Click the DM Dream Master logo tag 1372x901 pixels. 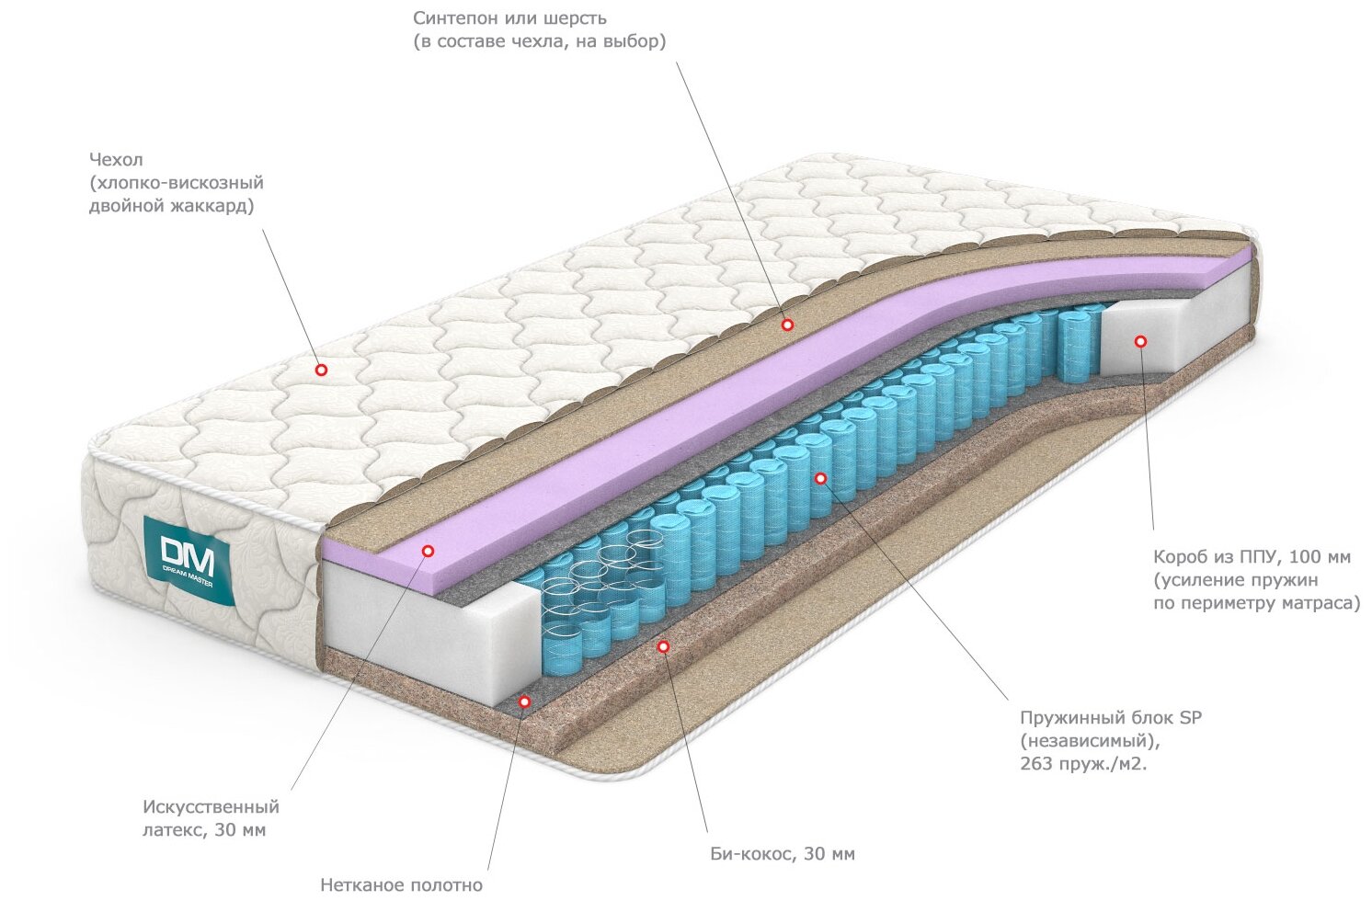click(x=189, y=560)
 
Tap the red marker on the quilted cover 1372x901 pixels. click(x=321, y=370)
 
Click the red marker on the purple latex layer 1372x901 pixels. click(x=428, y=551)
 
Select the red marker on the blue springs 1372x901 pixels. click(x=821, y=478)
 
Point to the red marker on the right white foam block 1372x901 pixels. click(x=1140, y=341)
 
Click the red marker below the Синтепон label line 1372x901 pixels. click(x=787, y=325)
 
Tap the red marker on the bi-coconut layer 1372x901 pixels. click(x=663, y=647)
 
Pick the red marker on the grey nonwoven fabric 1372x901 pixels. click(x=524, y=701)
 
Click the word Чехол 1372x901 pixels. click(x=116, y=160)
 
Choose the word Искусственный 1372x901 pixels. click(x=211, y=807)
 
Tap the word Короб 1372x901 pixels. click(x=1180, y=557)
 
